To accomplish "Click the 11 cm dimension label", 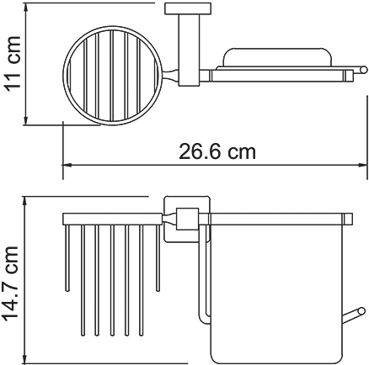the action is point(13,62).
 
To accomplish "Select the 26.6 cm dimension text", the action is point(217,151).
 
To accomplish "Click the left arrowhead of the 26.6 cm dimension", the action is point(67,165).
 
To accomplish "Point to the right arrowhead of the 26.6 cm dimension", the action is point(363,165).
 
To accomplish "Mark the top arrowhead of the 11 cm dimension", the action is point(26,7).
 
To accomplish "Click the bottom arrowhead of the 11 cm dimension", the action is point(26,121).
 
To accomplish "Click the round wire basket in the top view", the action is point(63,76).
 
